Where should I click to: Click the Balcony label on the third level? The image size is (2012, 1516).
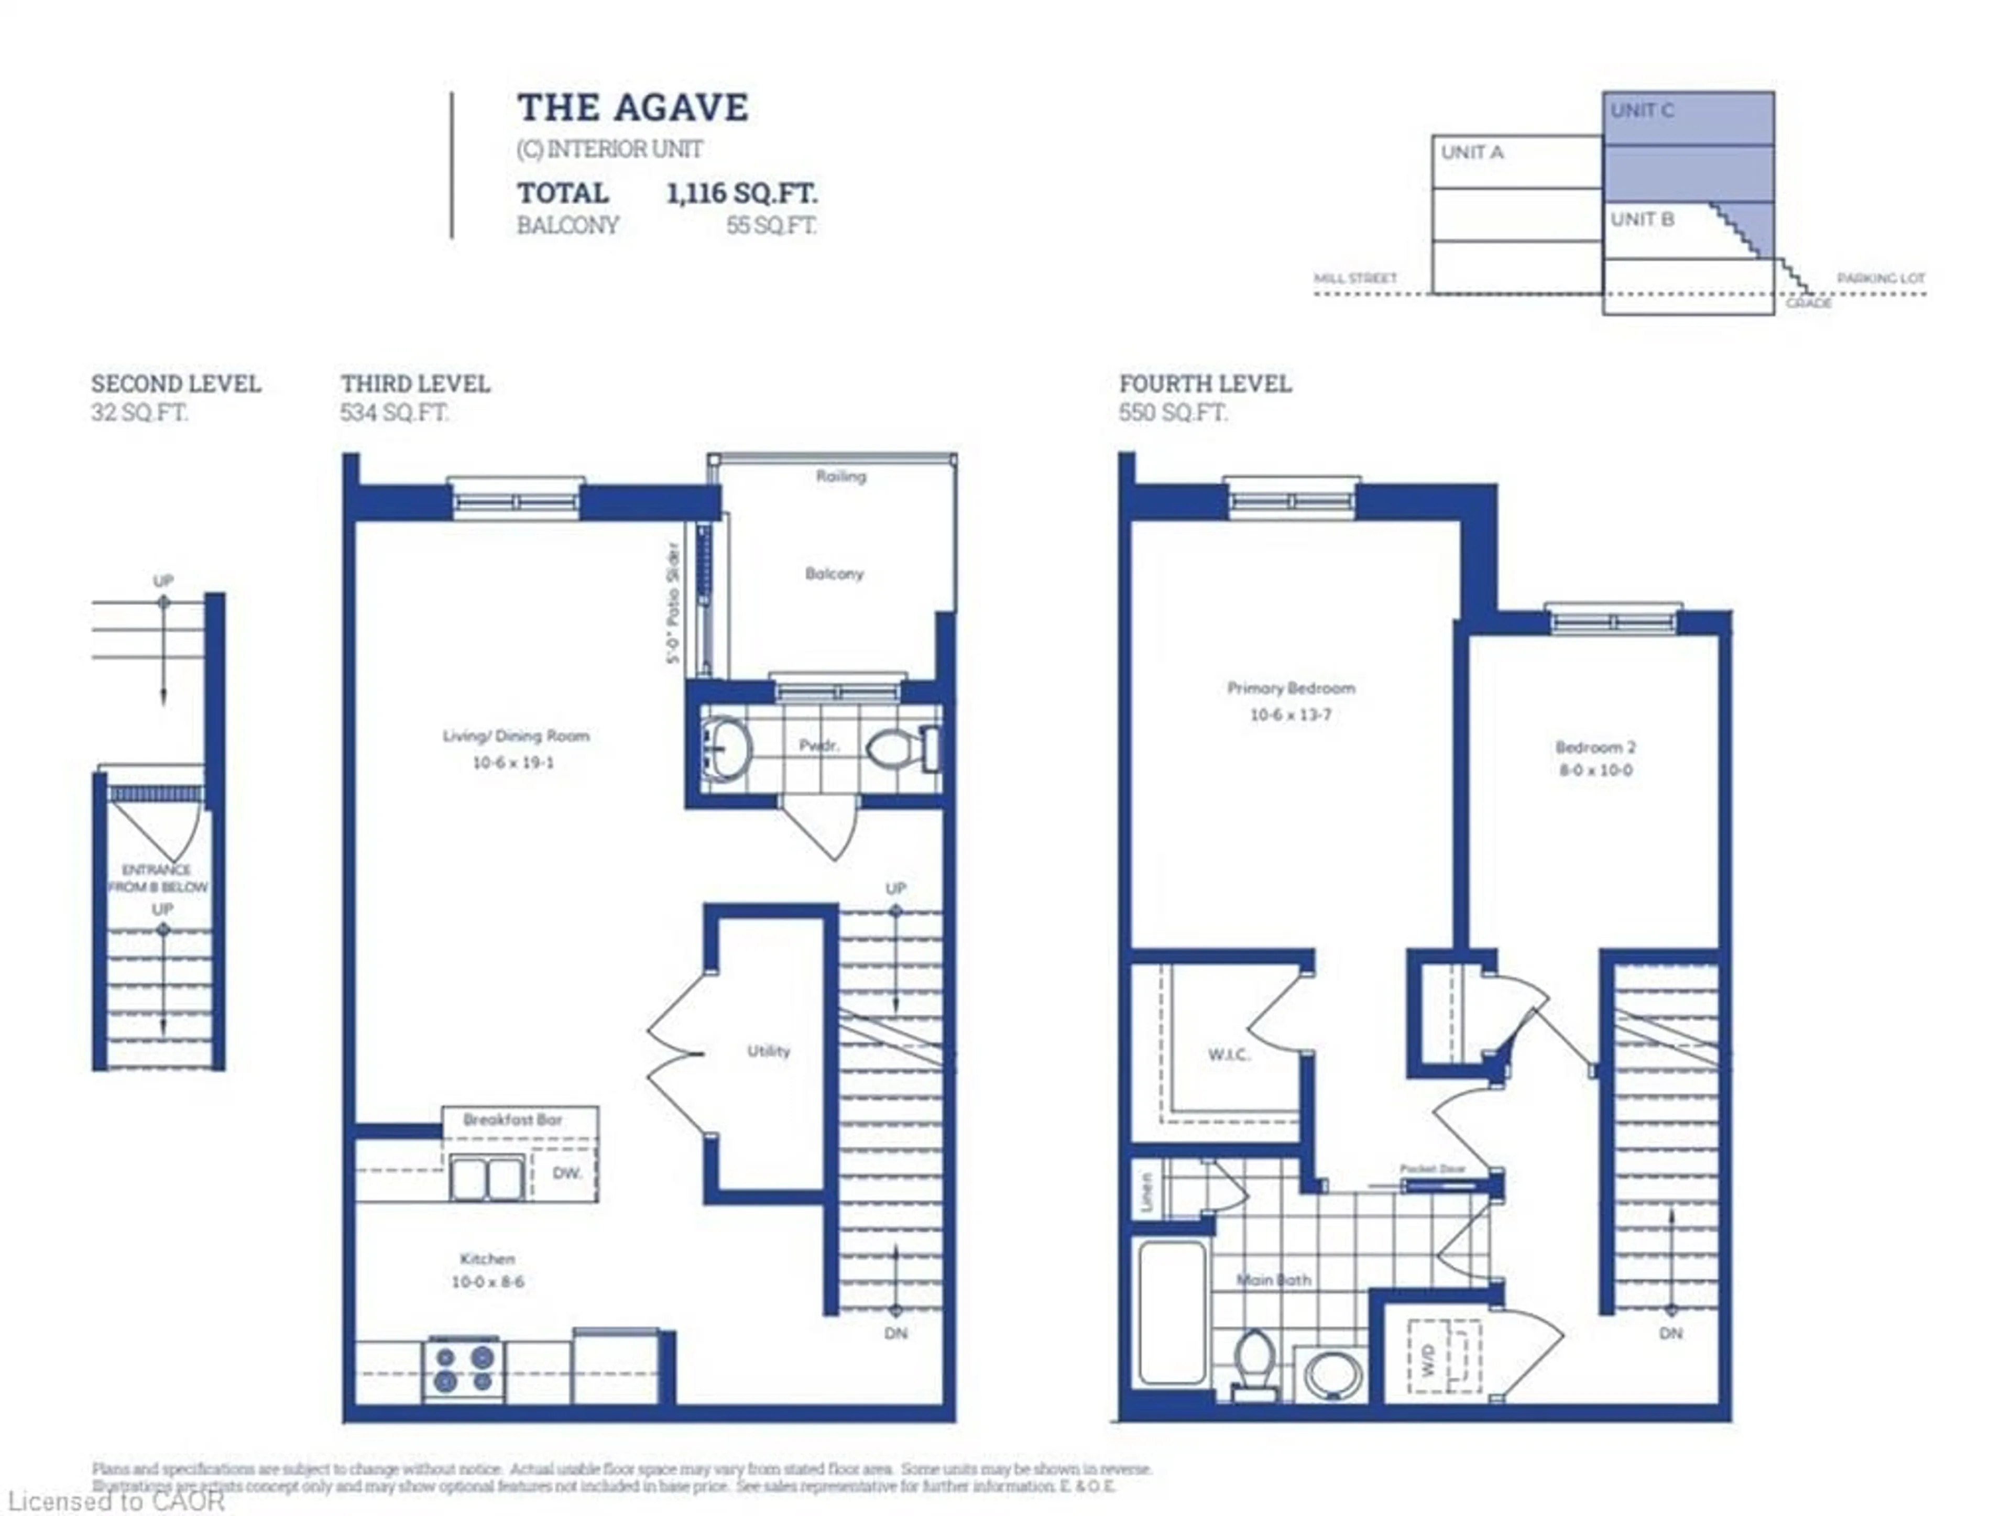833,574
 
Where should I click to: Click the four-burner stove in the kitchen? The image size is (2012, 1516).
464,1369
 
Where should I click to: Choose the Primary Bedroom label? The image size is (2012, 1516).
1290,688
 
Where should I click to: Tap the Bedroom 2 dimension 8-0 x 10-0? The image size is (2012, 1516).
1595,770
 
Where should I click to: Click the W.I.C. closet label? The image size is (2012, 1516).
1228,1055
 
